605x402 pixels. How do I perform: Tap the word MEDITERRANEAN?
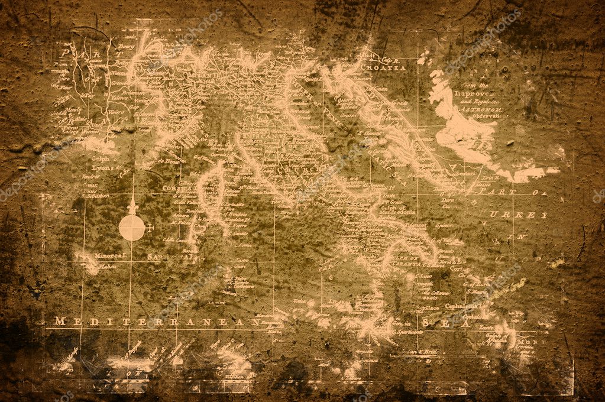pyautogui.click(x=157, y=322)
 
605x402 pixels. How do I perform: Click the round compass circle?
pyautogui.click(x=131, y=228)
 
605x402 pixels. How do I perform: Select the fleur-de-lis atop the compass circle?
pyautogui.click(x=132, y=206)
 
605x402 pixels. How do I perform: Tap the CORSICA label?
pyautogui.click(x=176, y=189)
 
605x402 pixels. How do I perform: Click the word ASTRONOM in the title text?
pyautogui.click(x=481, y=109)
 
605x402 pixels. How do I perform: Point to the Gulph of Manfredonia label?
pyautogui.click(x=402, y=210)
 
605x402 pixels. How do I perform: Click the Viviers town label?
pyautogui.click(x=117, y=109)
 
